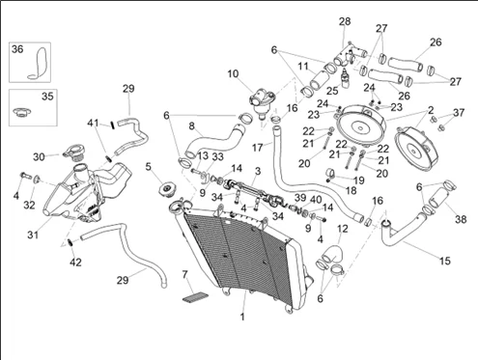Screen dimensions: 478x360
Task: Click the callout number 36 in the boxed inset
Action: pyautogui.click(x=17, y=49)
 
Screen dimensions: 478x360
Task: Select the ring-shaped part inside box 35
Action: pyautogui.click(x=22, y=111)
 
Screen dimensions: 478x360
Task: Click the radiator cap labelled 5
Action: pyautogui.click(x=168, y=188)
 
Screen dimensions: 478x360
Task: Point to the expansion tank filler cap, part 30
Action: pyautogui.click(x=74, y=152)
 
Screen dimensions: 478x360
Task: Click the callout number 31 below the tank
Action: pyautogui.click(x=33, y=235)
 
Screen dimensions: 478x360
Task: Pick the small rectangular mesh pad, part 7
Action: pyautogui.click(x=195, y=296)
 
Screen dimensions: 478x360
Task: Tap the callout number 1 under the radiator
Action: pyautogui.click(x=242, y=317)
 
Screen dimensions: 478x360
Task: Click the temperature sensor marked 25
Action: pyautogui.click(x=346, y=78)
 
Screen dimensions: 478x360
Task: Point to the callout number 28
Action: pyautogui.click(x=345, y=21)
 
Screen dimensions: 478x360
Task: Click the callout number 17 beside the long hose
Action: pyautogui.click(x=258, y=148)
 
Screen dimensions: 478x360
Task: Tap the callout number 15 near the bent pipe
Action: pyautogui.click(x=445, y=261)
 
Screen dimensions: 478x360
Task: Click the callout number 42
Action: pyautogui.click(x=75, y=263)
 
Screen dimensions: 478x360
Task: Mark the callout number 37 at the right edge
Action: pyautogui.click(x=459, y=113)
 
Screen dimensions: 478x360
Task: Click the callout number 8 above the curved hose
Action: pyautogui.click(x=192, y=126)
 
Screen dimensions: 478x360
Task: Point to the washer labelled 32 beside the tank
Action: pyautogui.click(x=37, y=179)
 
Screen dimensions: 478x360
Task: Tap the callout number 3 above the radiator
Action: pyautogui.click(x=258, y=171)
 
